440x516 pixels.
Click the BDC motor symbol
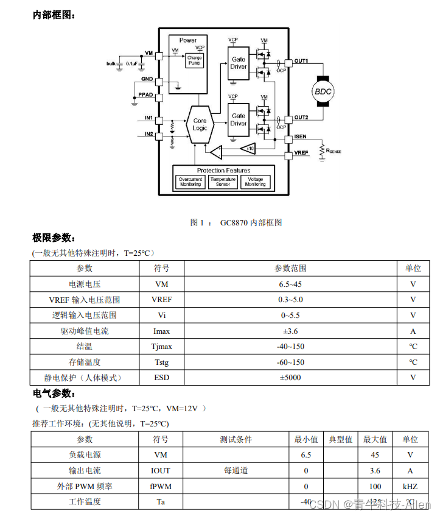click(x=323, y=91)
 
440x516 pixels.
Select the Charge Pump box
click(x=195, y=61)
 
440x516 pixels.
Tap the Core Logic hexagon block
click(x=200, y=125)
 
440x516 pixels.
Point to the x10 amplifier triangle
click(x=247, y=148)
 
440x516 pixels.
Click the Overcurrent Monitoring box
click(x=190, y=182)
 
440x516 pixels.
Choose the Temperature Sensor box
click(x=223, y=182)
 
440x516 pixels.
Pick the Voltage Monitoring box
click(x=255, y=182)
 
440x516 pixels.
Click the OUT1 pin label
click(x=301, y=61)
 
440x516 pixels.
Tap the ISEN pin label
click(x=300, y=136)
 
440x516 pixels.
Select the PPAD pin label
click(x=145, y=95)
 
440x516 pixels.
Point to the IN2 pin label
click(x=148, y=134)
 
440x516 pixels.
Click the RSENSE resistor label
click(x=333, y=150)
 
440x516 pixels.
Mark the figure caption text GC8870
click(x=234, y=223)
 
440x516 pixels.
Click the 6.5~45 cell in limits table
click(x=290, y=284)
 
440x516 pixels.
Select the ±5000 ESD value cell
click(x=290, y=378)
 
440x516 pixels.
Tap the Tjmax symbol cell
click(x=161, y=347)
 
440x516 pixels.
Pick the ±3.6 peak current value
click(x=290, y=331)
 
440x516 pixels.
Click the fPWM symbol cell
click(x=161, y=487)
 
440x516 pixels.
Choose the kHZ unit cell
click(x=410, y=487)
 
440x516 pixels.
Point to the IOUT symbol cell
click(x=161, y=471)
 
